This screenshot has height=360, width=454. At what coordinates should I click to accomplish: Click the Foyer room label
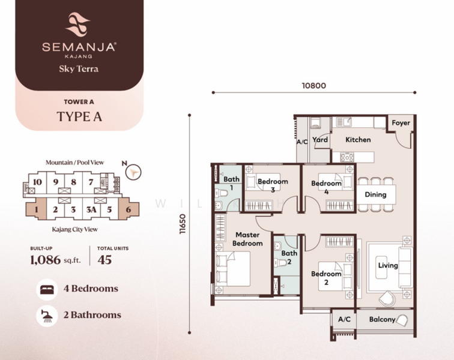(x=401, y=123)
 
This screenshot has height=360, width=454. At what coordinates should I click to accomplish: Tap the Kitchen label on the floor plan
(x=358, y=140)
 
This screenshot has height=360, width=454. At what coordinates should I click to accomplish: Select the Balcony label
(x=382, y=319)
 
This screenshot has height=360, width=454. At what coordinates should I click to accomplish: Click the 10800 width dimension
(x=314, y=86)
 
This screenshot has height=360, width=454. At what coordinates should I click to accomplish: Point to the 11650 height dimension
(x=183, y=224)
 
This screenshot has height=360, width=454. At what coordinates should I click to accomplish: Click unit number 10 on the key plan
(x=37, y=182)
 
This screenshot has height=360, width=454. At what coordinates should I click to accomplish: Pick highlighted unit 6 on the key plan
(x=129, y=209)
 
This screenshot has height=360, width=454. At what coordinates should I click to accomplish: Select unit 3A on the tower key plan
(x=91, y=209)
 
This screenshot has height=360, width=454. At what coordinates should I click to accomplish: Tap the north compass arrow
(x=133, y=172)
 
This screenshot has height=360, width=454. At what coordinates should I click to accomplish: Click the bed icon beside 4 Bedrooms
(x=47, y=289)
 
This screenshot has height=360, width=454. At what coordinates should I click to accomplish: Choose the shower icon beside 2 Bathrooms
(x=47, y=316)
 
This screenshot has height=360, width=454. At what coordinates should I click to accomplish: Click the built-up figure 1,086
(x=46, y=260)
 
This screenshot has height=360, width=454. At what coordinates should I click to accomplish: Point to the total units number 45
(x=104, y=260)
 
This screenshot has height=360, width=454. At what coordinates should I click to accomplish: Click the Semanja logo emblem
(x=77, y=25)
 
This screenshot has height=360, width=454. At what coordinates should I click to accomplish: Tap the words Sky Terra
(x=79, y=69)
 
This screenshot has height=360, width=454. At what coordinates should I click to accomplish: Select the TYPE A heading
(x=79, y=116)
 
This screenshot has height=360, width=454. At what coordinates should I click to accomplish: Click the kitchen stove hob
(x=347, y=157)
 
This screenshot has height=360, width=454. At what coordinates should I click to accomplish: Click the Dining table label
(x=375, y=194)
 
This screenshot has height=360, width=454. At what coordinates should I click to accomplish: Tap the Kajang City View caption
(x=74, y=229)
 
